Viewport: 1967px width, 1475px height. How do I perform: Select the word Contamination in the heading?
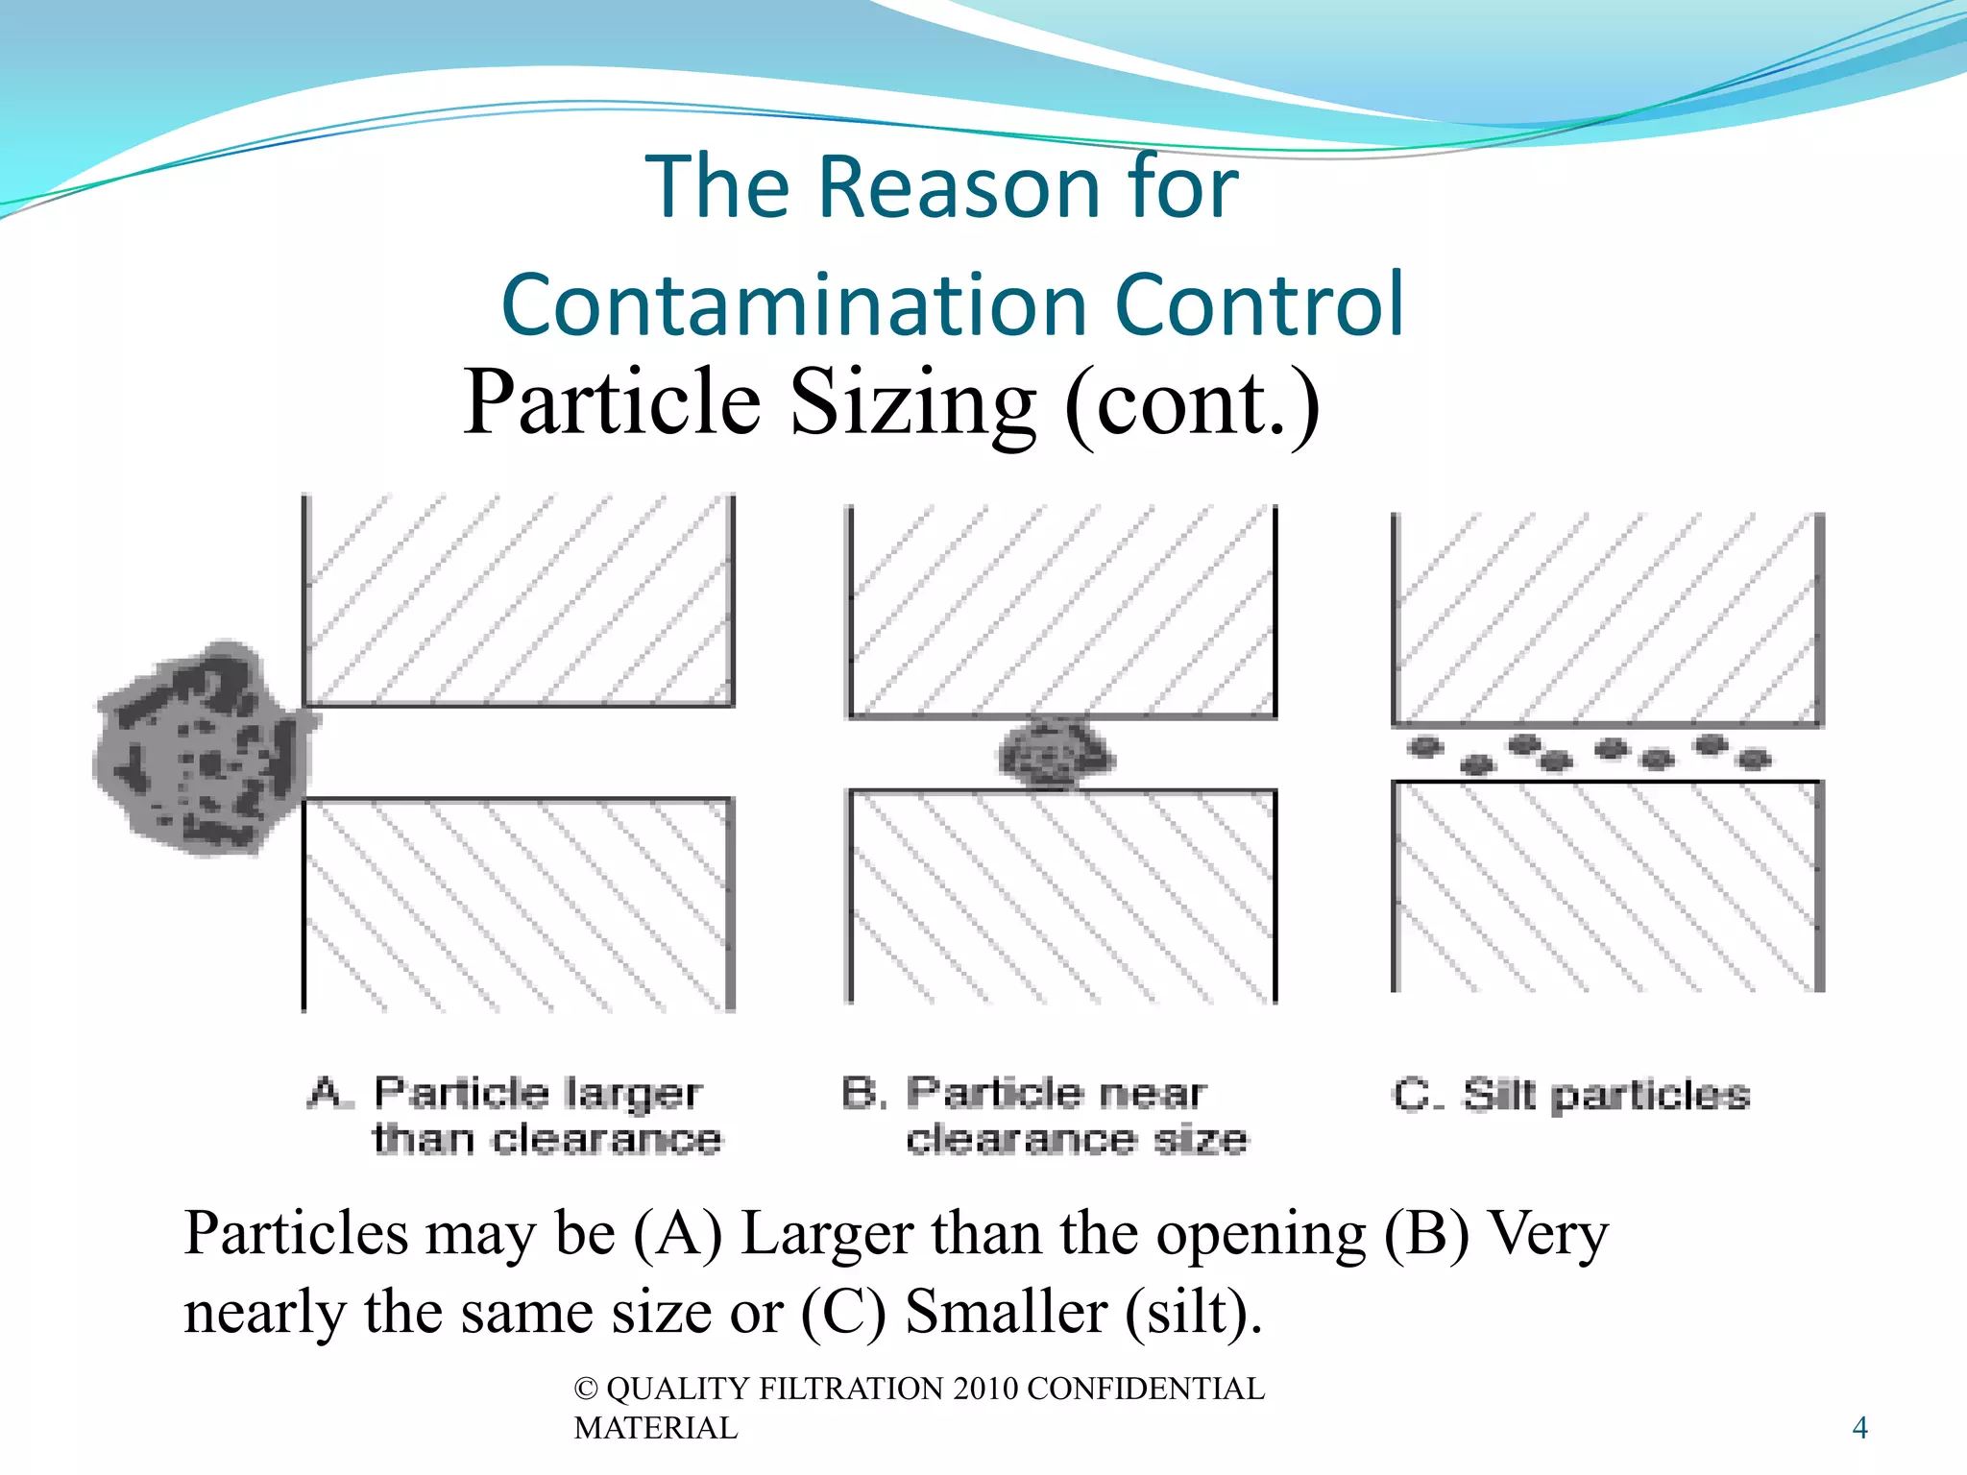pyautogui.click(x=793, y=305)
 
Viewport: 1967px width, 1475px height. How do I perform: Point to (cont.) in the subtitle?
pyautogui.click(x=1191, y=403)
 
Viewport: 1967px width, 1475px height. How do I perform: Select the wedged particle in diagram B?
pyautogui.click(x=1055, y=754)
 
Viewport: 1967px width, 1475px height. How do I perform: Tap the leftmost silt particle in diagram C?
pyautogui.click(x=1425, y=746)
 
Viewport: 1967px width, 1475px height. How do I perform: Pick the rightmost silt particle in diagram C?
pyautogui.click(x=1755, y=760)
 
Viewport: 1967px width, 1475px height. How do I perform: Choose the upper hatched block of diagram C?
pyautogui.click(x=1607, y=619)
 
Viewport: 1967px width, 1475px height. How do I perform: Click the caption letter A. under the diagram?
pyautogui.click(x=327, y=1093)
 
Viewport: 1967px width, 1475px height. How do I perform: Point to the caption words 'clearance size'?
pyautogui.click(x=1076, y=1140)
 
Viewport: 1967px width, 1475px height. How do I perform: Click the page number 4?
pyautogui.click(x=1859, y=1428)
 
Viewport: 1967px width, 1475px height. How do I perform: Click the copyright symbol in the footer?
pyautogui.click(x=585, y=1390)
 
